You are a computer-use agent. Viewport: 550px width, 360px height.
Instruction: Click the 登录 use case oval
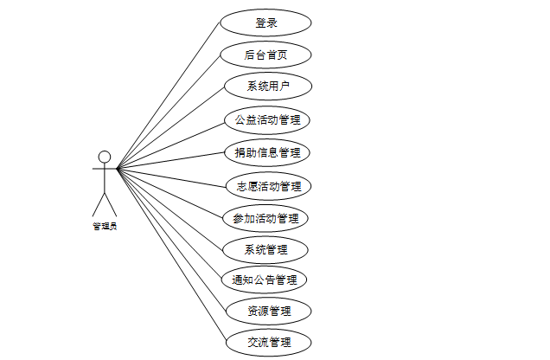(265, 22)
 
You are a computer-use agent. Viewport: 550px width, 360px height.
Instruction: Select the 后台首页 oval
(265, 55)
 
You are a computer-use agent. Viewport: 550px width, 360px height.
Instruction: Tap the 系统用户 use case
(265, 87)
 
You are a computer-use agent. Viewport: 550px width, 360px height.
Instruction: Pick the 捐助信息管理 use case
(266, 153)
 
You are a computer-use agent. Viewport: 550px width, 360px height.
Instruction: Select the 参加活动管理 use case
(265, 218)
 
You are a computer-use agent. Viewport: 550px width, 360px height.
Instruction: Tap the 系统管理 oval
(265, 250)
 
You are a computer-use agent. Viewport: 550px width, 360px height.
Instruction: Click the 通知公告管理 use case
(265, 280)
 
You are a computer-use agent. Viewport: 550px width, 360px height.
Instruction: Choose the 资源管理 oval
(268, 311)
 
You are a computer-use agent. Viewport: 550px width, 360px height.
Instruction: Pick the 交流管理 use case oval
(268, 343)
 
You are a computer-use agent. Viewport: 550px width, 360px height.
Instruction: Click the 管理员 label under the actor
(105, 227)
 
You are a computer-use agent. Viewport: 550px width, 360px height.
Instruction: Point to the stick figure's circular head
(105, 157)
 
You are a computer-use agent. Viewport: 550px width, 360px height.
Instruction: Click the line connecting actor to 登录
(169, 94)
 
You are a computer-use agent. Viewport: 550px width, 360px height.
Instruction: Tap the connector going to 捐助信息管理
(170, 161)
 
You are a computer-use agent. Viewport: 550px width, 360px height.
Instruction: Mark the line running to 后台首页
(169, 111)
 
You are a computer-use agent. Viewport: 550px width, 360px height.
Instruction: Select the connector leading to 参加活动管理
(170, 192)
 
